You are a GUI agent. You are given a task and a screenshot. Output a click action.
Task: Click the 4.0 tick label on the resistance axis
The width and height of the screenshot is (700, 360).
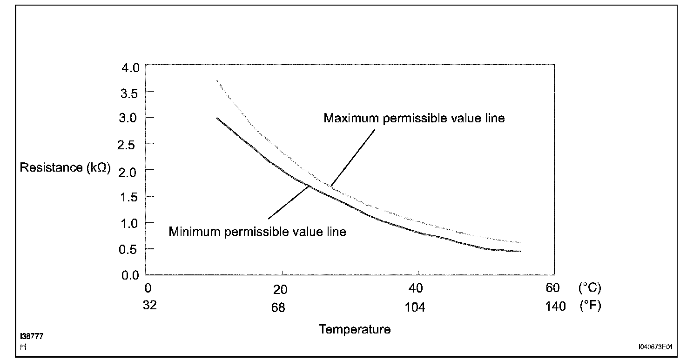click(129, 67)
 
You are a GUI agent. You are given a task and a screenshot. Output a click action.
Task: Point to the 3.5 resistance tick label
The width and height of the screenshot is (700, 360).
click(129, 93)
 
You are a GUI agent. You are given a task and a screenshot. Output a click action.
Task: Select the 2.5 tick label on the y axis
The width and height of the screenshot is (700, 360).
click(129, 145)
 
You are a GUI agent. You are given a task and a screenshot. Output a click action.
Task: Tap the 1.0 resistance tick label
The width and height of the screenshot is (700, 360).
click(129, 223)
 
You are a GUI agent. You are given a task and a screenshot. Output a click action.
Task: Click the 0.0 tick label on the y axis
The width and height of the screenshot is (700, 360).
click(129, 275)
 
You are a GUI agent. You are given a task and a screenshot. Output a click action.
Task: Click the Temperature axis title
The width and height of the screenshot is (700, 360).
click(355, 329)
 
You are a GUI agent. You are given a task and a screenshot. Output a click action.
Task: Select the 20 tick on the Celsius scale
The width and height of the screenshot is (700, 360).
click(281, 289)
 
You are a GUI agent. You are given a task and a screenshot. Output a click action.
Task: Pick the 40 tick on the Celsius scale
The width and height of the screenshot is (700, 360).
click(416, 288)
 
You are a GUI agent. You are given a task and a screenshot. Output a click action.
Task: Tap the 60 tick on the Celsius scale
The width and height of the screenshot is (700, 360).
click(552, 288)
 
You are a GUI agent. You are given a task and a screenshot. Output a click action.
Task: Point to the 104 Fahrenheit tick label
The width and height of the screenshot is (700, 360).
click(415, 307)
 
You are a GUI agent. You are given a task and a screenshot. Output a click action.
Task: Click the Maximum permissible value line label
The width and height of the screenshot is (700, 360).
click(414, 118)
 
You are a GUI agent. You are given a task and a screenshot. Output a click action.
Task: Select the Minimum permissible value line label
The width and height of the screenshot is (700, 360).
click(257, 231)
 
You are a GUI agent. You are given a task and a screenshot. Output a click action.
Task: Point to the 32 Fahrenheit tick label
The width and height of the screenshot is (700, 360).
click(150, 306)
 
